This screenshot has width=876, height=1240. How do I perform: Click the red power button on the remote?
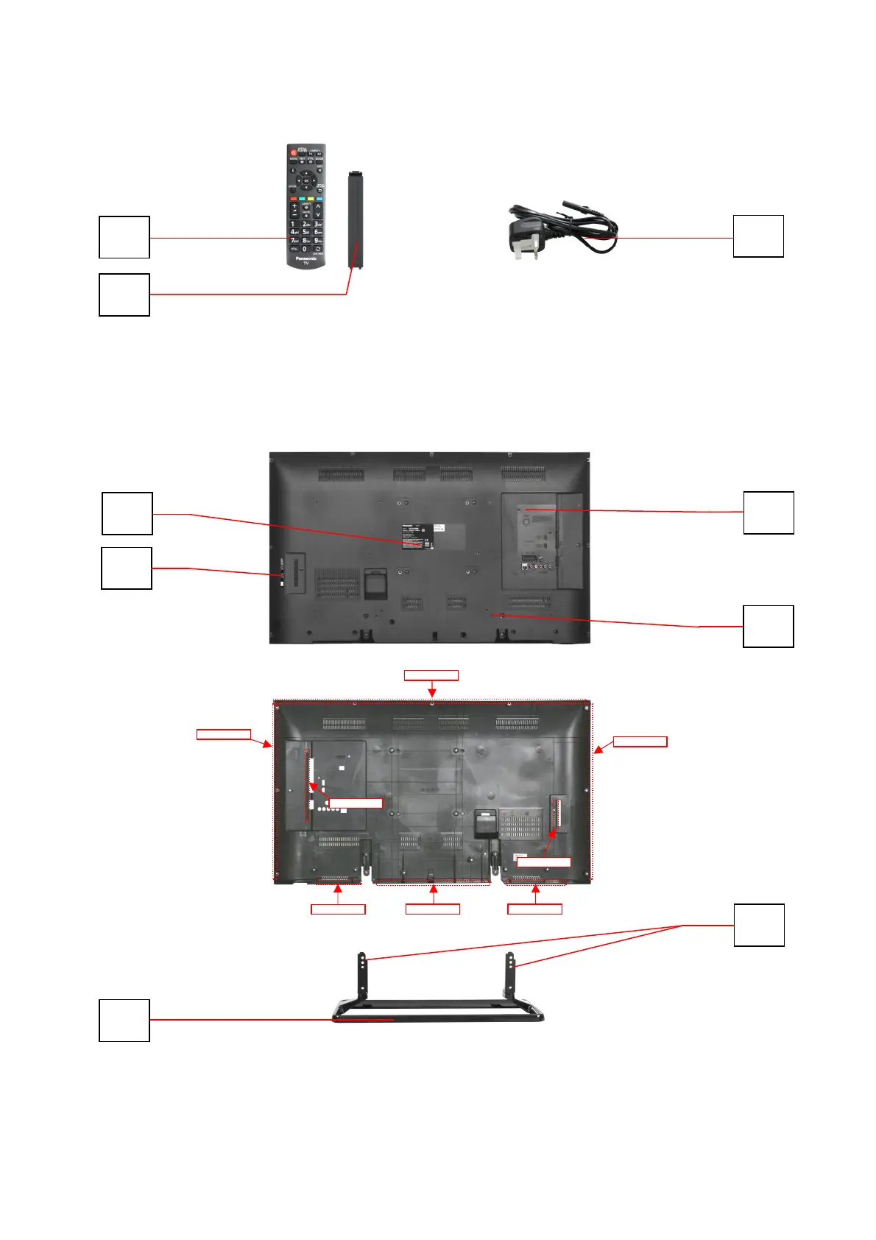(293, 152)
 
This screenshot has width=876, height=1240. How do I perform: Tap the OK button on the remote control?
(306, 180)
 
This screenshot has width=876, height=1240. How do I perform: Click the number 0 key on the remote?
(305, 249)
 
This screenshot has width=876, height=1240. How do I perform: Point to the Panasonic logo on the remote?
(306, 258)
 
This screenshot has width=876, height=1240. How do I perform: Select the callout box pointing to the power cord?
(758, 236)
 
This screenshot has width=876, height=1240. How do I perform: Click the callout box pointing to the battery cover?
(124, 295)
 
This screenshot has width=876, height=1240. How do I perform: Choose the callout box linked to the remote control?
(124, 237)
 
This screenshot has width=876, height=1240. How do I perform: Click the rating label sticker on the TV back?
(417, 537)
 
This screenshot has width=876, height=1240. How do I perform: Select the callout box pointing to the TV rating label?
(127, 513)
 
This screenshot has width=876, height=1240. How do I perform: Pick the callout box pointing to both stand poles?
(759, 925)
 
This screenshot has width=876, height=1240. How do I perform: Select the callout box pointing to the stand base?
(124, 1020)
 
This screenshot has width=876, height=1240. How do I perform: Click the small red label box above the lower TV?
(431, 675)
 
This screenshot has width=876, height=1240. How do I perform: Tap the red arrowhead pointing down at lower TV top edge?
(432, 693)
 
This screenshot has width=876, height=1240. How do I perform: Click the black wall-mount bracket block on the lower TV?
(485, 823)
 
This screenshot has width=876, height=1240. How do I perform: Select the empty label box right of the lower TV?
(640, 741)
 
